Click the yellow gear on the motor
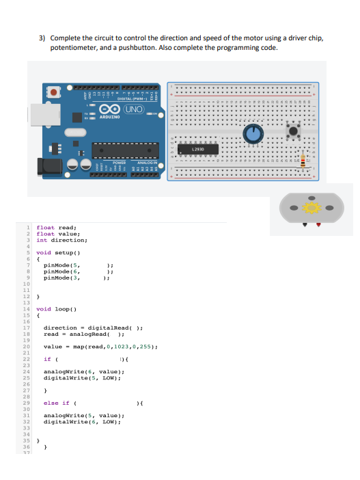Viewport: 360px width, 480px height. coord(314,207)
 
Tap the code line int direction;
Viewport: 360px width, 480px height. coord(61,240)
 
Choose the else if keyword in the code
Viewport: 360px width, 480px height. coord(56,403)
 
